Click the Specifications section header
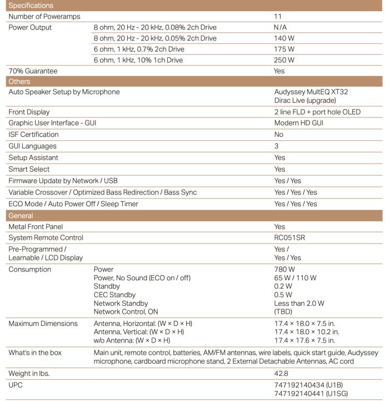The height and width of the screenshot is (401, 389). [x=31, y=6]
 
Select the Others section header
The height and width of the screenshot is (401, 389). [x=19, y=82]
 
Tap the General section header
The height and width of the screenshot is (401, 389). [x=21, y=216]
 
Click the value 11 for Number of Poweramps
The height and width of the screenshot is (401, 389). [x=277, y=16]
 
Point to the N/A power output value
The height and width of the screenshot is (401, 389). [x=282, y=27]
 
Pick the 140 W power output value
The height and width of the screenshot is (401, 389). [x=284, y=38]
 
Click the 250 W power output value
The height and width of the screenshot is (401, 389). [x=284, y=60]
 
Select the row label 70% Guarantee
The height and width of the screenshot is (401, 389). [x=33, y=71]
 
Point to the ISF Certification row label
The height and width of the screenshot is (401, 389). [x=33, y=135]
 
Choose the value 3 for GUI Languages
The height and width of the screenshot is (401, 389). [x=276, y=146]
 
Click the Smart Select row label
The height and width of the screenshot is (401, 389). [x=29, y=169]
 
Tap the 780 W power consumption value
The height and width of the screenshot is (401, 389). [x=284, y=269]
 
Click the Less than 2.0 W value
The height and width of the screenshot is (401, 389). [x=299, y=303]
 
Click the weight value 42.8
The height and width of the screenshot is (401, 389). [x=281, y=373]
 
